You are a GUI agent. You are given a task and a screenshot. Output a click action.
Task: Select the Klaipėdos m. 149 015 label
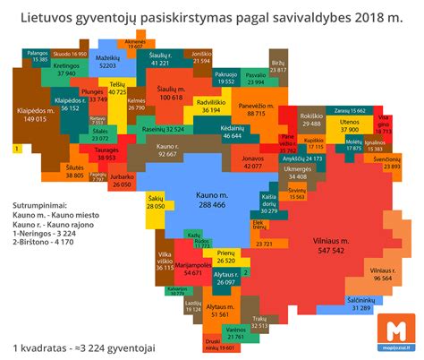[x=30, y=114]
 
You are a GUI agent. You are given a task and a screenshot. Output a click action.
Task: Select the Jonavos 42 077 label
[x=253, y=162]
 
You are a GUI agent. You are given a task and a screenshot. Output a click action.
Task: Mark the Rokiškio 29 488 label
[x=311, y=120]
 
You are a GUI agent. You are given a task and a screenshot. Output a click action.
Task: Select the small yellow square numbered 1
[x=16, y=147]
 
